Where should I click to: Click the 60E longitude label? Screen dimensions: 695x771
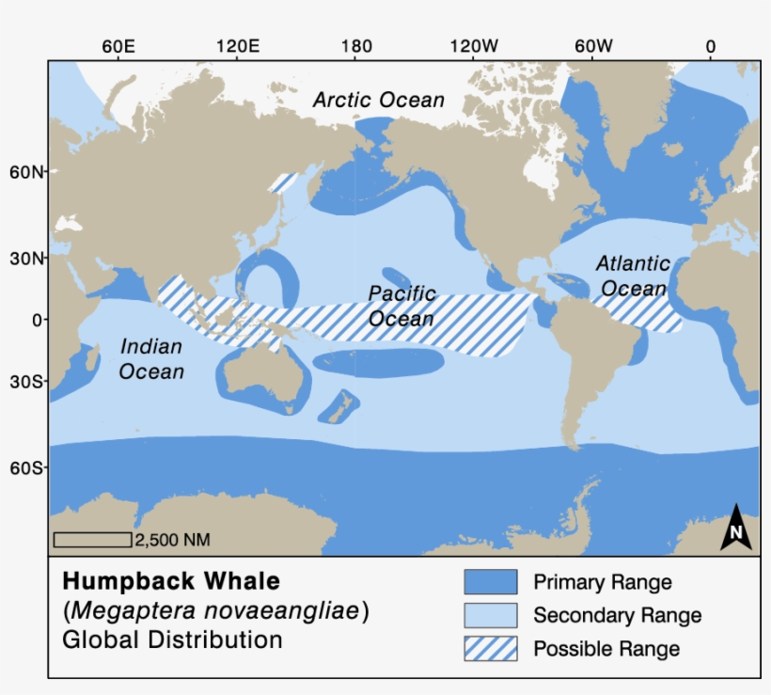click(118, 47)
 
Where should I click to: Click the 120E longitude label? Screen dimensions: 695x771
click(237, 47)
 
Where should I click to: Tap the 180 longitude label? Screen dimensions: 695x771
click(355, 47)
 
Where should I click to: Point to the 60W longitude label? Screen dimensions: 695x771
click(592, 47)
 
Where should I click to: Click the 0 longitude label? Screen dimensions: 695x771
click(710, 47)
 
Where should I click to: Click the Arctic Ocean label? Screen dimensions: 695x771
click(379, 100)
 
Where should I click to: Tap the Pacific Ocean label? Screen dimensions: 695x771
click(401, 306)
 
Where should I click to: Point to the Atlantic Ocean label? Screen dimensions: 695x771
click(633, 276)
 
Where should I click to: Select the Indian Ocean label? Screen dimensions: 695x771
click(151, 359)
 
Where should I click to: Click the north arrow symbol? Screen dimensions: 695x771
click(737, 528)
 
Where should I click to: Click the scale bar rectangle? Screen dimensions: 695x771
click(92, 539)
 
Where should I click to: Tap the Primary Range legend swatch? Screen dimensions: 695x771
click(490, 582)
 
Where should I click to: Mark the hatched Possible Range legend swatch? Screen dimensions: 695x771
click(490, 649)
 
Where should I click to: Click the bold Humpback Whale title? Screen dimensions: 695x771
click(171, 580)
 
